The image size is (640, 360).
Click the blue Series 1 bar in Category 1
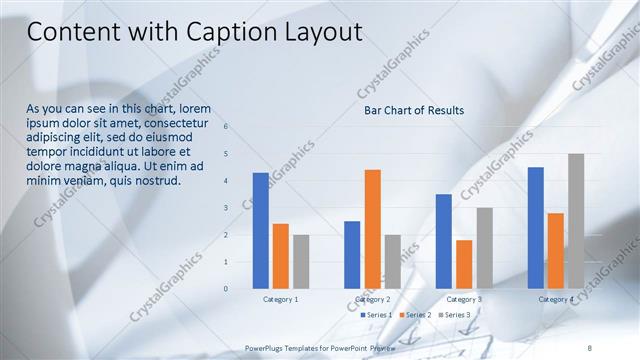tap(260, 230)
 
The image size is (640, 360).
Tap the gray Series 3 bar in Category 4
tap(576, 221)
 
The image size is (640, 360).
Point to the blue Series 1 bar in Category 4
tap(536, 227)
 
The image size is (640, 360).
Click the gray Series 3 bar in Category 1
tap(301, 261)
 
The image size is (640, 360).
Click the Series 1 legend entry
tap(375, 315)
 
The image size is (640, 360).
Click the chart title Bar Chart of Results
tap(414, 111)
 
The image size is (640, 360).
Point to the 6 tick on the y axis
tap(226, 127)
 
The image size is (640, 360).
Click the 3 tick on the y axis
tap(226, 208)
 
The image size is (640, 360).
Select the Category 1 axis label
tap(281, 299)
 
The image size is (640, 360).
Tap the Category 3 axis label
tap(464, 299)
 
